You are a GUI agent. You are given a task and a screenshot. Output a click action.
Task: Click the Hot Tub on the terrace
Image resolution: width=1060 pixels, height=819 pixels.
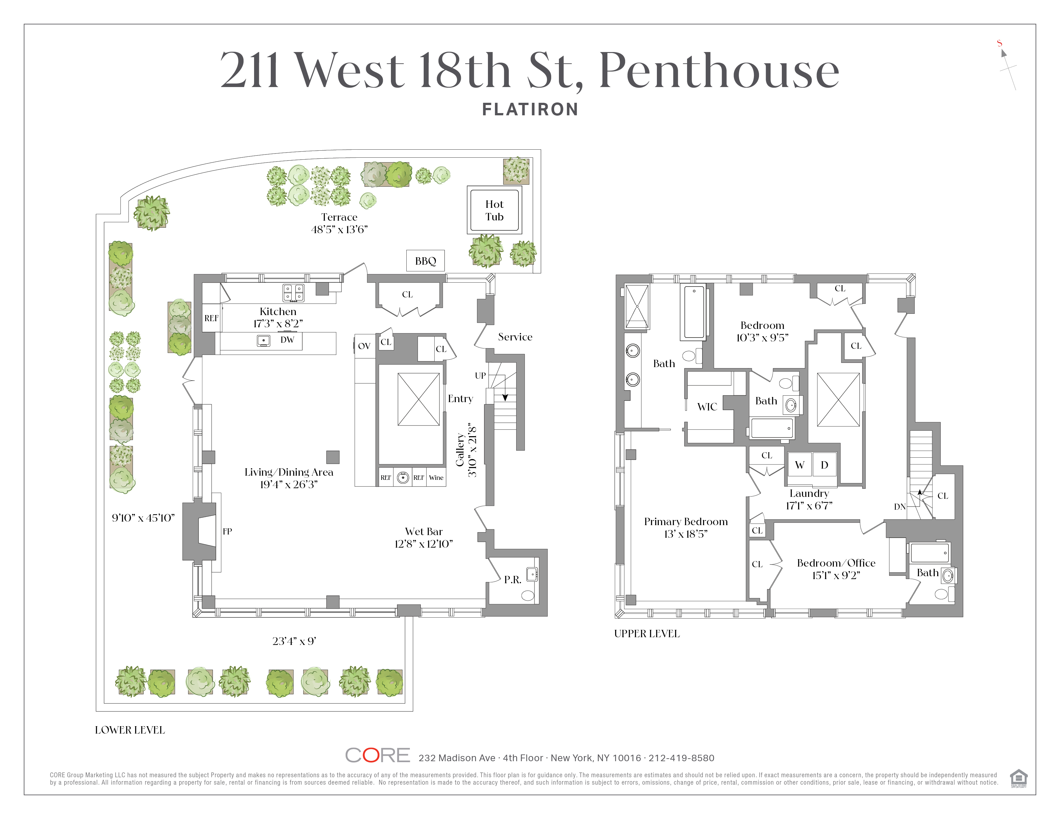(495, 210)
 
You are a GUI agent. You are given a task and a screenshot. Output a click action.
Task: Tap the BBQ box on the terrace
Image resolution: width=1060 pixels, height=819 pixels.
(426, 261)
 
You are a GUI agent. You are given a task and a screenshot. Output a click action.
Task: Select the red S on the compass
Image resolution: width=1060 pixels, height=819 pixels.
(999, 43)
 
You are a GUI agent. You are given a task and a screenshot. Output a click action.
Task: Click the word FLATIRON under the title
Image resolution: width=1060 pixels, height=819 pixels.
(530, 109)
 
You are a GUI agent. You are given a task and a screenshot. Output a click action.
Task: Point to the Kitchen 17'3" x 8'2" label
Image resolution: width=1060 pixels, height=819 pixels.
(278, 317)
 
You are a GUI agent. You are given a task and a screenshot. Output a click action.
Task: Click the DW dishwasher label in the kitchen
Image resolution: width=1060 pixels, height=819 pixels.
(287, 339)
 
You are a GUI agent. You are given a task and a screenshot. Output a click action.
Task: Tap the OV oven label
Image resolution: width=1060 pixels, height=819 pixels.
(364, 346)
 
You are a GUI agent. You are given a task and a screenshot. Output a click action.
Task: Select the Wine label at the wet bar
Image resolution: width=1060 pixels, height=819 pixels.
(436, 477)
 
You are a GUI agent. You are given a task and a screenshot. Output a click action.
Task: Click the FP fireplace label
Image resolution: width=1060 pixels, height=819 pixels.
(227, 531)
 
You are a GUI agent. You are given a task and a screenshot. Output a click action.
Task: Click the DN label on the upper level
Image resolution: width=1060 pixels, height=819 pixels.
(900, 506)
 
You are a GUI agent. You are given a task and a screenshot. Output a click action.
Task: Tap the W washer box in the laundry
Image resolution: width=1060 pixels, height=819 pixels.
(799, 465)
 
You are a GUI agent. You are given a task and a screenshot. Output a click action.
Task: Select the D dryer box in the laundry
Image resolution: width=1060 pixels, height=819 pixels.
(824, 465)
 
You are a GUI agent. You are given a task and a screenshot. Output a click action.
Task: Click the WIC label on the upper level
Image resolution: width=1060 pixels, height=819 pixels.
(707, 407)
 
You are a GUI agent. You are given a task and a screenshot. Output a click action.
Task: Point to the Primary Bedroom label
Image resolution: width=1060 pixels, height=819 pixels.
(686, 527)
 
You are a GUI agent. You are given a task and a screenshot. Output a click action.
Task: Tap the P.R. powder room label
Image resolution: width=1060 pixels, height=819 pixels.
(513, 579)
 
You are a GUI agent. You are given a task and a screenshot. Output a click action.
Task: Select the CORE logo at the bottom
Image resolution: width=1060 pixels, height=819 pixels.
(378, 755)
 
